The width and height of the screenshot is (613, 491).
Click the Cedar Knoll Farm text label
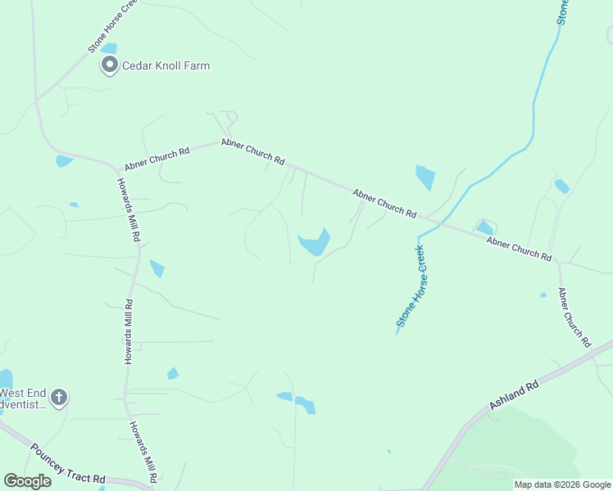166,65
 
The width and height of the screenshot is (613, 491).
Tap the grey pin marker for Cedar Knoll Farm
108,65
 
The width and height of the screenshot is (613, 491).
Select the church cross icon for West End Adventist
58,398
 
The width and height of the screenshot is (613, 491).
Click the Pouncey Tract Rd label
67,463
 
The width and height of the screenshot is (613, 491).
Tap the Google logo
27,481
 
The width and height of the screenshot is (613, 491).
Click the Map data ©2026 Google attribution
562,484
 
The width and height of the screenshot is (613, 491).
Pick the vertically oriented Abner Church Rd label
574,318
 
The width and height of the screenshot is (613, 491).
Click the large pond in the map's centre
315,243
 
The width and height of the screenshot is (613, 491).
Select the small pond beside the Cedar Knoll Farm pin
109,48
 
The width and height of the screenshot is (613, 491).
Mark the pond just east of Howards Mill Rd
157,268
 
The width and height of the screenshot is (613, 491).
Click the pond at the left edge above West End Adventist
5,378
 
